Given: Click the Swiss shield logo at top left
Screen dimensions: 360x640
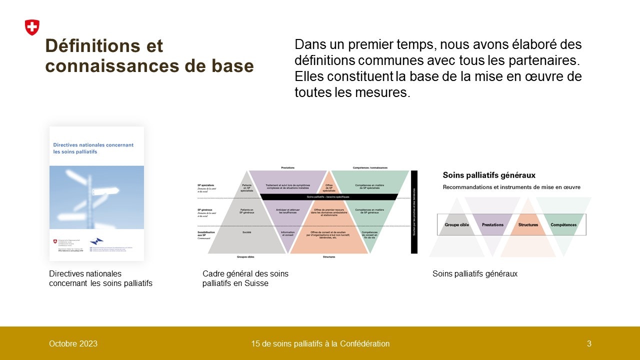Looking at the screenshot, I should (32, 27).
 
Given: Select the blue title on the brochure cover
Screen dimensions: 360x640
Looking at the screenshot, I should (93, 148).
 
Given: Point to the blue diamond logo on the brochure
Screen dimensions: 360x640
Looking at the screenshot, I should (96, 241).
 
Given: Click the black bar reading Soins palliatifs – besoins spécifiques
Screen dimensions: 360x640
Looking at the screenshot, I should (328, 197).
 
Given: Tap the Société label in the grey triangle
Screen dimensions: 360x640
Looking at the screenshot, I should (246, 232).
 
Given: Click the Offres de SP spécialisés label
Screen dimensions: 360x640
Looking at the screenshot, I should (329, 188).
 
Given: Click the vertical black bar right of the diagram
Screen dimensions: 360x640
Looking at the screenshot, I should (414, 212).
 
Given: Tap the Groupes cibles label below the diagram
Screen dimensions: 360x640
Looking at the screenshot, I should (246, 257).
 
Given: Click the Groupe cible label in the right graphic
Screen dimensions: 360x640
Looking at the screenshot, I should (456, 225).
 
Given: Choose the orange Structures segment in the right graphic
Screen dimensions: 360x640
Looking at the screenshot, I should (528, 225).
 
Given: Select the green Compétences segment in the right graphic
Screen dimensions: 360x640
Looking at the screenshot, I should (563, 225).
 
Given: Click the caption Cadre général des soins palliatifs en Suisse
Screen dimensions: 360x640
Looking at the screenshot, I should (245, 278).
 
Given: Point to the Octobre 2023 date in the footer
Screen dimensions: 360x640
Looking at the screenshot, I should (73, 343).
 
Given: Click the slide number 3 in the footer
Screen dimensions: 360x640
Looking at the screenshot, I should (589, 343).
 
